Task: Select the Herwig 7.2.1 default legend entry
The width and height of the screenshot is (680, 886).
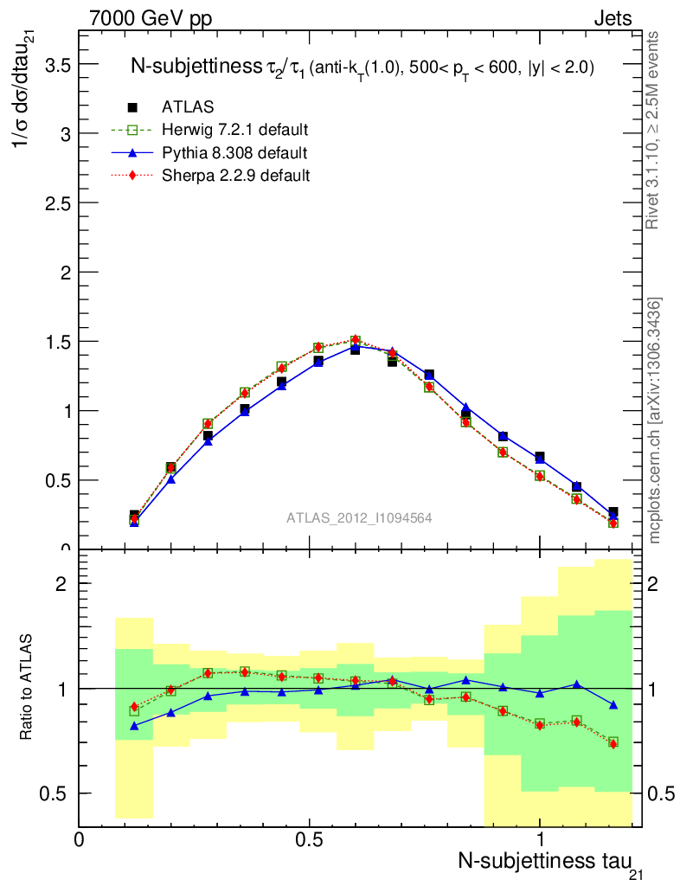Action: (234, 130)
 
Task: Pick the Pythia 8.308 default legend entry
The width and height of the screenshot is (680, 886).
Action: (234, 152)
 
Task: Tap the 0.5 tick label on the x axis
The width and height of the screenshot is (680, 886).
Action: (309, 838)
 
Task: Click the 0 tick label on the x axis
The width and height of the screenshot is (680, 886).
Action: (80, 838)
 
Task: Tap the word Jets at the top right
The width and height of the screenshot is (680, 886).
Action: (613, 18)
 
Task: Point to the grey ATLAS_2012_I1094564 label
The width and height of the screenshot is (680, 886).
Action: (359, 518)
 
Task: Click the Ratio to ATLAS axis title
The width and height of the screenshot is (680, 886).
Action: (28, 687)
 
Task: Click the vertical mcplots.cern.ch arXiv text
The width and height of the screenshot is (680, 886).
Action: (656, 421)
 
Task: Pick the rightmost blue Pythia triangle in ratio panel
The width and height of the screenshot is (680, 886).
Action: (613, 705)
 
